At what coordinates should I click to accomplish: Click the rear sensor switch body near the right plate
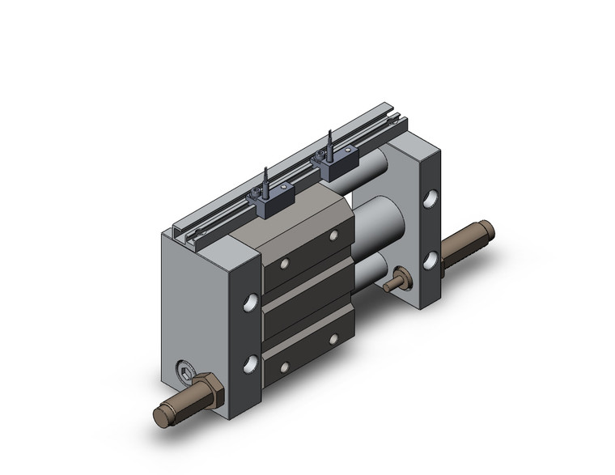pos(335,168)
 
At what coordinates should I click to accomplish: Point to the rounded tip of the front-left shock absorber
pos(159,416)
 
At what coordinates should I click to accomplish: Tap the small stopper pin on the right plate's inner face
pos(397,283)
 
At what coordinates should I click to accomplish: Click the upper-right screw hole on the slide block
pos(333,235)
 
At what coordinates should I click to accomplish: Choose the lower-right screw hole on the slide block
pos(333,339)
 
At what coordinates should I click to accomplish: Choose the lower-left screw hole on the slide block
pos(285,368)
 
